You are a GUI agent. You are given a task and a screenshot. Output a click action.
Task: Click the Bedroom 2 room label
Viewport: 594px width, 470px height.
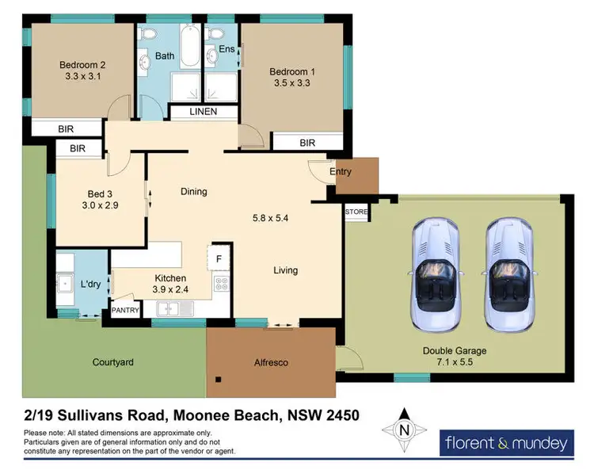pyautogui.click(x=82, y=65)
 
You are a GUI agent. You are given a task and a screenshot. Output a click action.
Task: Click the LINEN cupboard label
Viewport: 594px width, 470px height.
pyautogui.click(x=204, y=113)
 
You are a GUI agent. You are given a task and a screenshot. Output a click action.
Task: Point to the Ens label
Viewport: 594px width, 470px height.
pyautogui.click(x=227, y=49)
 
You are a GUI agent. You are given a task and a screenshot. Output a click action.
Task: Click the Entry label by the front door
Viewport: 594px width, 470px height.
pyautogui.click(x=340, y=172)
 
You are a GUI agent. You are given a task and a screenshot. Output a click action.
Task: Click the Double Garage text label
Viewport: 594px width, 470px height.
pyautogui.click(x=454, y=350)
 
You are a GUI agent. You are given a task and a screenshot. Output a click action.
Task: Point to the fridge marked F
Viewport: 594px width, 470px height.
pyautogui.click(x=219, y=258)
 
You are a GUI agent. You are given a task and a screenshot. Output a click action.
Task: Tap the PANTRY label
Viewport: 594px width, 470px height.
pyautogui.click(x=126, y=311)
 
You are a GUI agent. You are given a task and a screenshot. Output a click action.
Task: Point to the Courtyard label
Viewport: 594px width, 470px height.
pyautogui.click(x=112, y=362)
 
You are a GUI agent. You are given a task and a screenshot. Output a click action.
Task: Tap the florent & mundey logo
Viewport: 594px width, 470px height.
pyautogui.click(x=506, y=442)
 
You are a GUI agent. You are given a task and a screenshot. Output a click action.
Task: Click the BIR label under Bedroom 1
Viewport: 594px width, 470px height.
pyautogui.click(x=308, y=143)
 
